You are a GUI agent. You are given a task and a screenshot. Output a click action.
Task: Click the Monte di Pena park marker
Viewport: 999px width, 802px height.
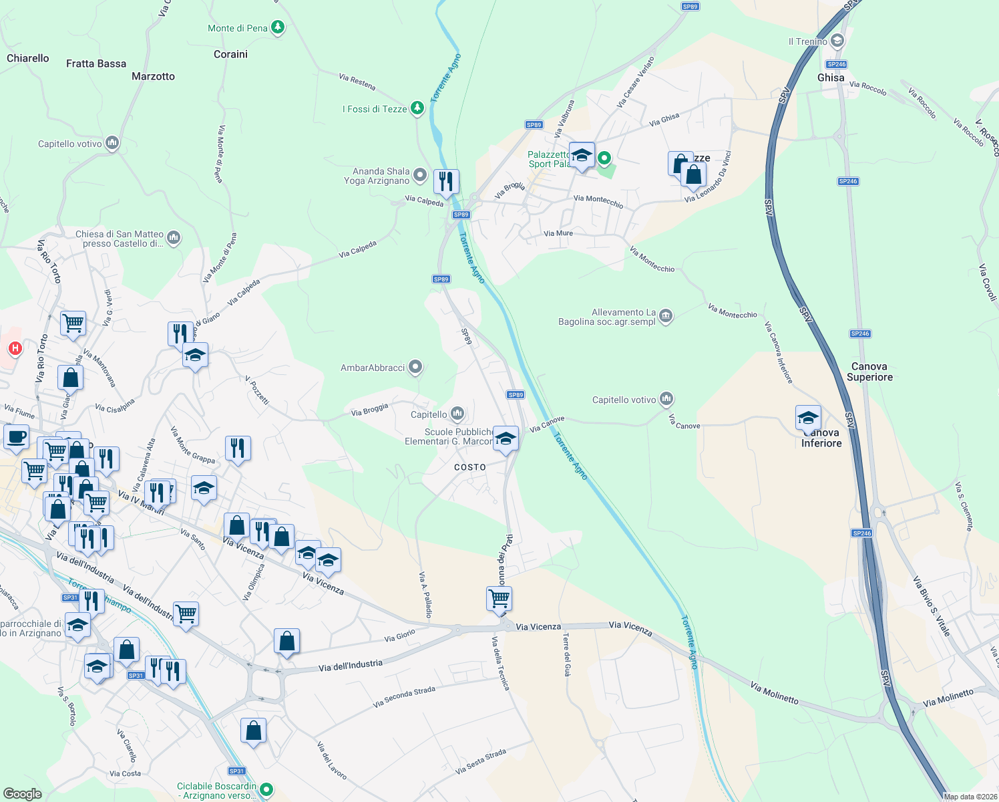(278, 27)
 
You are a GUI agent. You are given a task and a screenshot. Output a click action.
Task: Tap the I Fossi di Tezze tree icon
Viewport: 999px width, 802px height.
(417, 108)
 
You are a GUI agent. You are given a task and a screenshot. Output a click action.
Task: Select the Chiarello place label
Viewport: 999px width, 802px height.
(28, 58)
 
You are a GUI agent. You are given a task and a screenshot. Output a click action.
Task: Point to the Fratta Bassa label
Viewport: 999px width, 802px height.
(96, 63)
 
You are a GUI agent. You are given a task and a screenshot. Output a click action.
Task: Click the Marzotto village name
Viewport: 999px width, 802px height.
(153, 76)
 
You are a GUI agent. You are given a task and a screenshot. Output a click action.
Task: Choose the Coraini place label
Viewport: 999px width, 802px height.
(230, 54)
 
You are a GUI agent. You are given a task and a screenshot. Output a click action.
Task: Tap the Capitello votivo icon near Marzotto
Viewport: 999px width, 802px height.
(112, 143)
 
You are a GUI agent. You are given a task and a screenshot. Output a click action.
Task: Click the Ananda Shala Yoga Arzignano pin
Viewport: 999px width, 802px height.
(419, 175)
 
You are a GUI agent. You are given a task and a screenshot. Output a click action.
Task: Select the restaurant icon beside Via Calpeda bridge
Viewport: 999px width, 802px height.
(446, 181)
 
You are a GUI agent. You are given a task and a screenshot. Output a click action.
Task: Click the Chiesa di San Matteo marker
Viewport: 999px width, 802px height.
(174, 237)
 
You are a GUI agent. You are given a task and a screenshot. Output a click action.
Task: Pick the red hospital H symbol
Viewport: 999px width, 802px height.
(15, 348)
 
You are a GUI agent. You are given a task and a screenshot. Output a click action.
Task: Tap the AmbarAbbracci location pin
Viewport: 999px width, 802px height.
(415, 367)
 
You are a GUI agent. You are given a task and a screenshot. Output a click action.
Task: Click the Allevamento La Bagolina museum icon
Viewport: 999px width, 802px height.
(666, 316)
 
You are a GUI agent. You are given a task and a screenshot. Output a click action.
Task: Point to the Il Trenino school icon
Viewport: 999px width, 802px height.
(837, 41)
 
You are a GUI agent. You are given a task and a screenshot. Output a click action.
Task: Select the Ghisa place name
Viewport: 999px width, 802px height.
(831, 78)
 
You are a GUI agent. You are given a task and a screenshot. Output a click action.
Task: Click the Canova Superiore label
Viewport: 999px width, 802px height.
(869, 372)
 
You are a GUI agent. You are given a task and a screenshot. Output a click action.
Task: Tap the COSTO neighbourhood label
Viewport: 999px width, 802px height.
(470, 467)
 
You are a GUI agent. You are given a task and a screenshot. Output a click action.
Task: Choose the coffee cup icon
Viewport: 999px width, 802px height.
(17, 437)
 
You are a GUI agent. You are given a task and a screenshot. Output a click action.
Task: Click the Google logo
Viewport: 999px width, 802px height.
(23, 793)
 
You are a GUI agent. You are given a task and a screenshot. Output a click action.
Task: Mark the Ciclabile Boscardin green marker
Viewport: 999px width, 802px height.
(266, 790)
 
